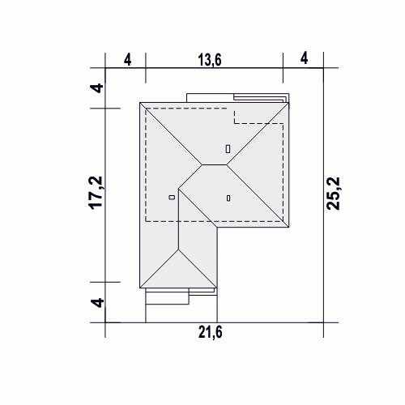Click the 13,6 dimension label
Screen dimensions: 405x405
210,60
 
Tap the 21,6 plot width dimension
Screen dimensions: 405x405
211,332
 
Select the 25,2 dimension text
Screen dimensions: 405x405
333,194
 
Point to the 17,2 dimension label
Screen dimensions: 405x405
96,193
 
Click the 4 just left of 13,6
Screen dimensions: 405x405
127,60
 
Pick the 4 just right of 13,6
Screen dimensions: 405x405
304,58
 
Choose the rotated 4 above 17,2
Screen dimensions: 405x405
97,88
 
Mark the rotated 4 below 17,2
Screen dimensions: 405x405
97,302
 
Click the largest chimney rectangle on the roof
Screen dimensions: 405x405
228,149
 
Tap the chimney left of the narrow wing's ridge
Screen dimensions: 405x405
172,198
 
